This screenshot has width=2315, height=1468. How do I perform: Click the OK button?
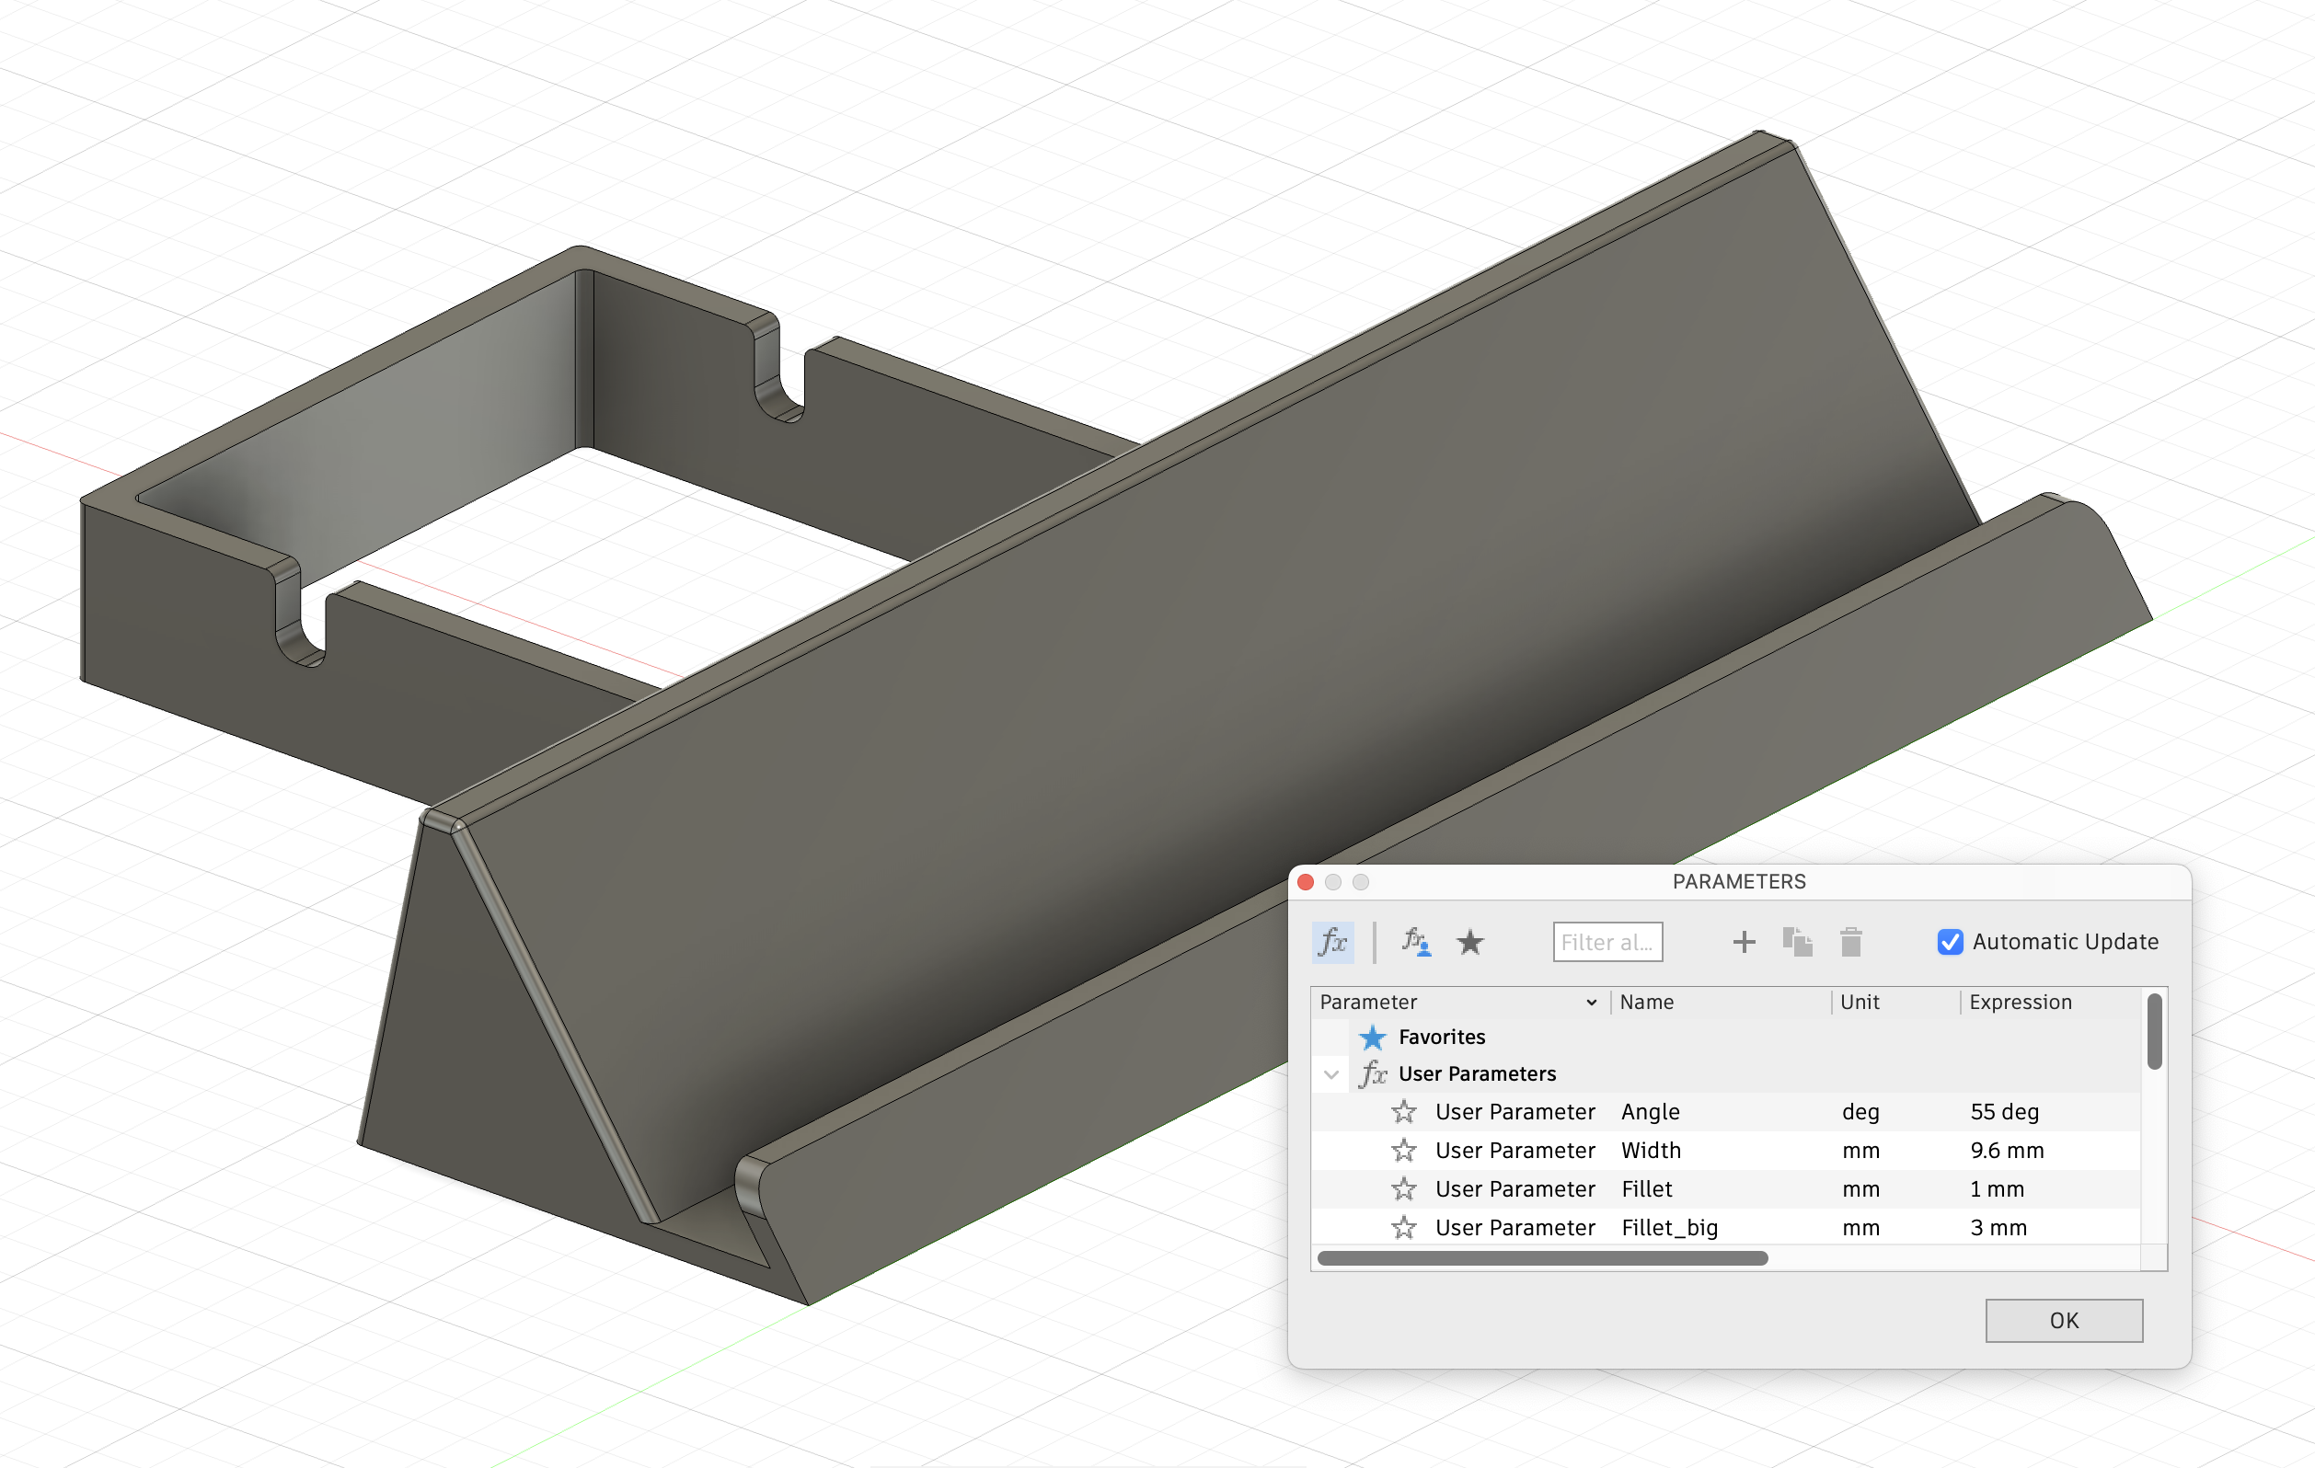[x=2063, y=1320]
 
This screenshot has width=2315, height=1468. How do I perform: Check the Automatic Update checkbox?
[x=1950, y=942]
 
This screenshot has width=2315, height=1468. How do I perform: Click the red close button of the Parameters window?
[x=1306, y=881]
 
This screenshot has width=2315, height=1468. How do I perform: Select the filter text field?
[x=1607, y=942]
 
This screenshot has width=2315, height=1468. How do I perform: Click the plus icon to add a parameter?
[x=1744, y=942]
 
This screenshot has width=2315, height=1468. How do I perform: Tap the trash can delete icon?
[x=1850, y=942]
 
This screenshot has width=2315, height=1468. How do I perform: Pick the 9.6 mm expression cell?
[x=2008, y=1150]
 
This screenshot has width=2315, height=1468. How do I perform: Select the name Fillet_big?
[x=1669, y=1228]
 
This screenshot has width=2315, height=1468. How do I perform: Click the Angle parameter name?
[x=1651, y=1111]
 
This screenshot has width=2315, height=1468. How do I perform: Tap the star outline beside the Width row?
[x=1403, y=1150]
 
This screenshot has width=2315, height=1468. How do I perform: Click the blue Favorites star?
[x=1373, y=1038]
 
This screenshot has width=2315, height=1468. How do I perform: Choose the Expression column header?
[x=2020, y=1002]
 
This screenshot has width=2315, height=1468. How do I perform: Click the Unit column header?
[x=1860, y=1002]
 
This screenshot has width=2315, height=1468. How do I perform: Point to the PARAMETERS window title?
[x=1738, y=881]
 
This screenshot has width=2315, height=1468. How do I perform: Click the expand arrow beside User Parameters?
[x=1331, y=1073]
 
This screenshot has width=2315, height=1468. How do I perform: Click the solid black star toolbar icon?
[x=1470, y=942]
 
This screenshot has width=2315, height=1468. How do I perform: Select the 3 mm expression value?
[x=1998, y=1228]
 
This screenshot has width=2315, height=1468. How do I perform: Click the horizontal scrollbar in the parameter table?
[x=1542, y=1258]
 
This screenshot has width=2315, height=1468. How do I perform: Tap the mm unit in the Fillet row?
[x=1860, y=1189]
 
